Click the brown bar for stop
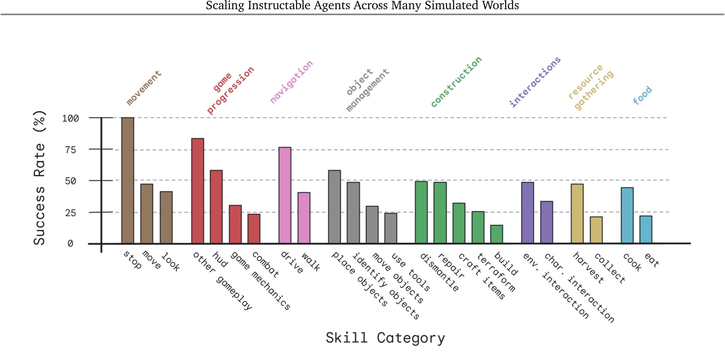[x=128, y=180]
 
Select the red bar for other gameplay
[x=198, y=191]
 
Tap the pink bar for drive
[x=285, y=195]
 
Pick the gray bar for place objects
[x=334, y=207]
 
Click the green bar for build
[x=496, y=234]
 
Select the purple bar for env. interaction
[x=527, y=213]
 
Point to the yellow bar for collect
[x=596, y=230]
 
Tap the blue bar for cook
[x=627, y=215]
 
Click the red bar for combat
[x=254, y=228]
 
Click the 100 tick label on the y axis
[x=70, y=118]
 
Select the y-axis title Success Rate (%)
[x=39, y=178]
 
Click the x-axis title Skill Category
[x=385, y=338]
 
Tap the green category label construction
[x=456, y=81]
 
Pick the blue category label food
[x=642, y=95]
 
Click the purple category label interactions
[x=535, y=81]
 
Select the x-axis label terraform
[x=496, y=272]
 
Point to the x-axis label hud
[x=220, y=259]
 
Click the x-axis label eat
[x=651, y=260]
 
